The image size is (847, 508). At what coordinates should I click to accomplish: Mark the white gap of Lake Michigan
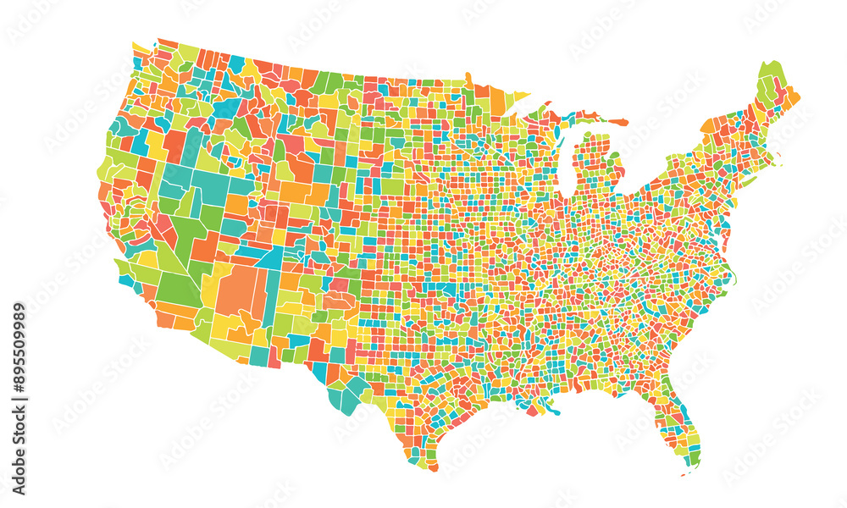coord(565,157)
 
